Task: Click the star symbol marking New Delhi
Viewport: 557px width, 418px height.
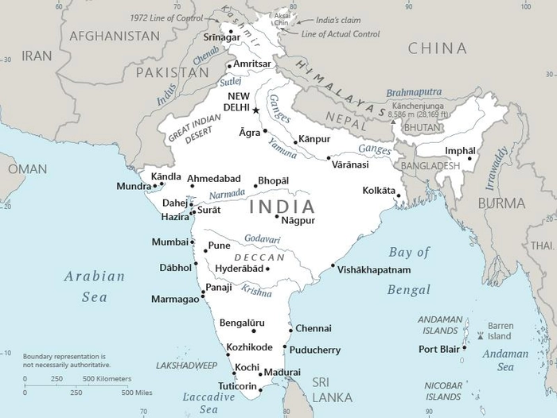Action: pyautogui.click(x=256, y=110)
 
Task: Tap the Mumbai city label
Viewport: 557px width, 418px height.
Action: pyautogui.click(x=169, y=242)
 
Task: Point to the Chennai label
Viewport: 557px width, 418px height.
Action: pyautogui.click(x=313, y=328)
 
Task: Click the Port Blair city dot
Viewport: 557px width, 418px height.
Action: pyautogui.click(x=464, y=347)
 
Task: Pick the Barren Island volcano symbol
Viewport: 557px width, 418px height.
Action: pyautogui.click(x=480, y=335)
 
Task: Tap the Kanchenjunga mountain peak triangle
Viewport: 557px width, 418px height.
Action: pyautogui.click(x=392, y=122)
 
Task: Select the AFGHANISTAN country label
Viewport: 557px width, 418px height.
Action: pyautogui.click(x=115, y=36)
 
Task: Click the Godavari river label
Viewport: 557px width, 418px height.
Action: pyautogui.click(x=263, y=238)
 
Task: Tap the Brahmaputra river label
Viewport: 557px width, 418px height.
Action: pyautogui.click(x=414, y=93)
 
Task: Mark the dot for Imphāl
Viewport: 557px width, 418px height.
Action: pyautogui.click(x=469, y=158)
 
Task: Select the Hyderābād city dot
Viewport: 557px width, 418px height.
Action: pyautogui.click(x=267, y=269)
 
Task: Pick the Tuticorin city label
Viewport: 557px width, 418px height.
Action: pyautogui.click(x=237, y=386)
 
